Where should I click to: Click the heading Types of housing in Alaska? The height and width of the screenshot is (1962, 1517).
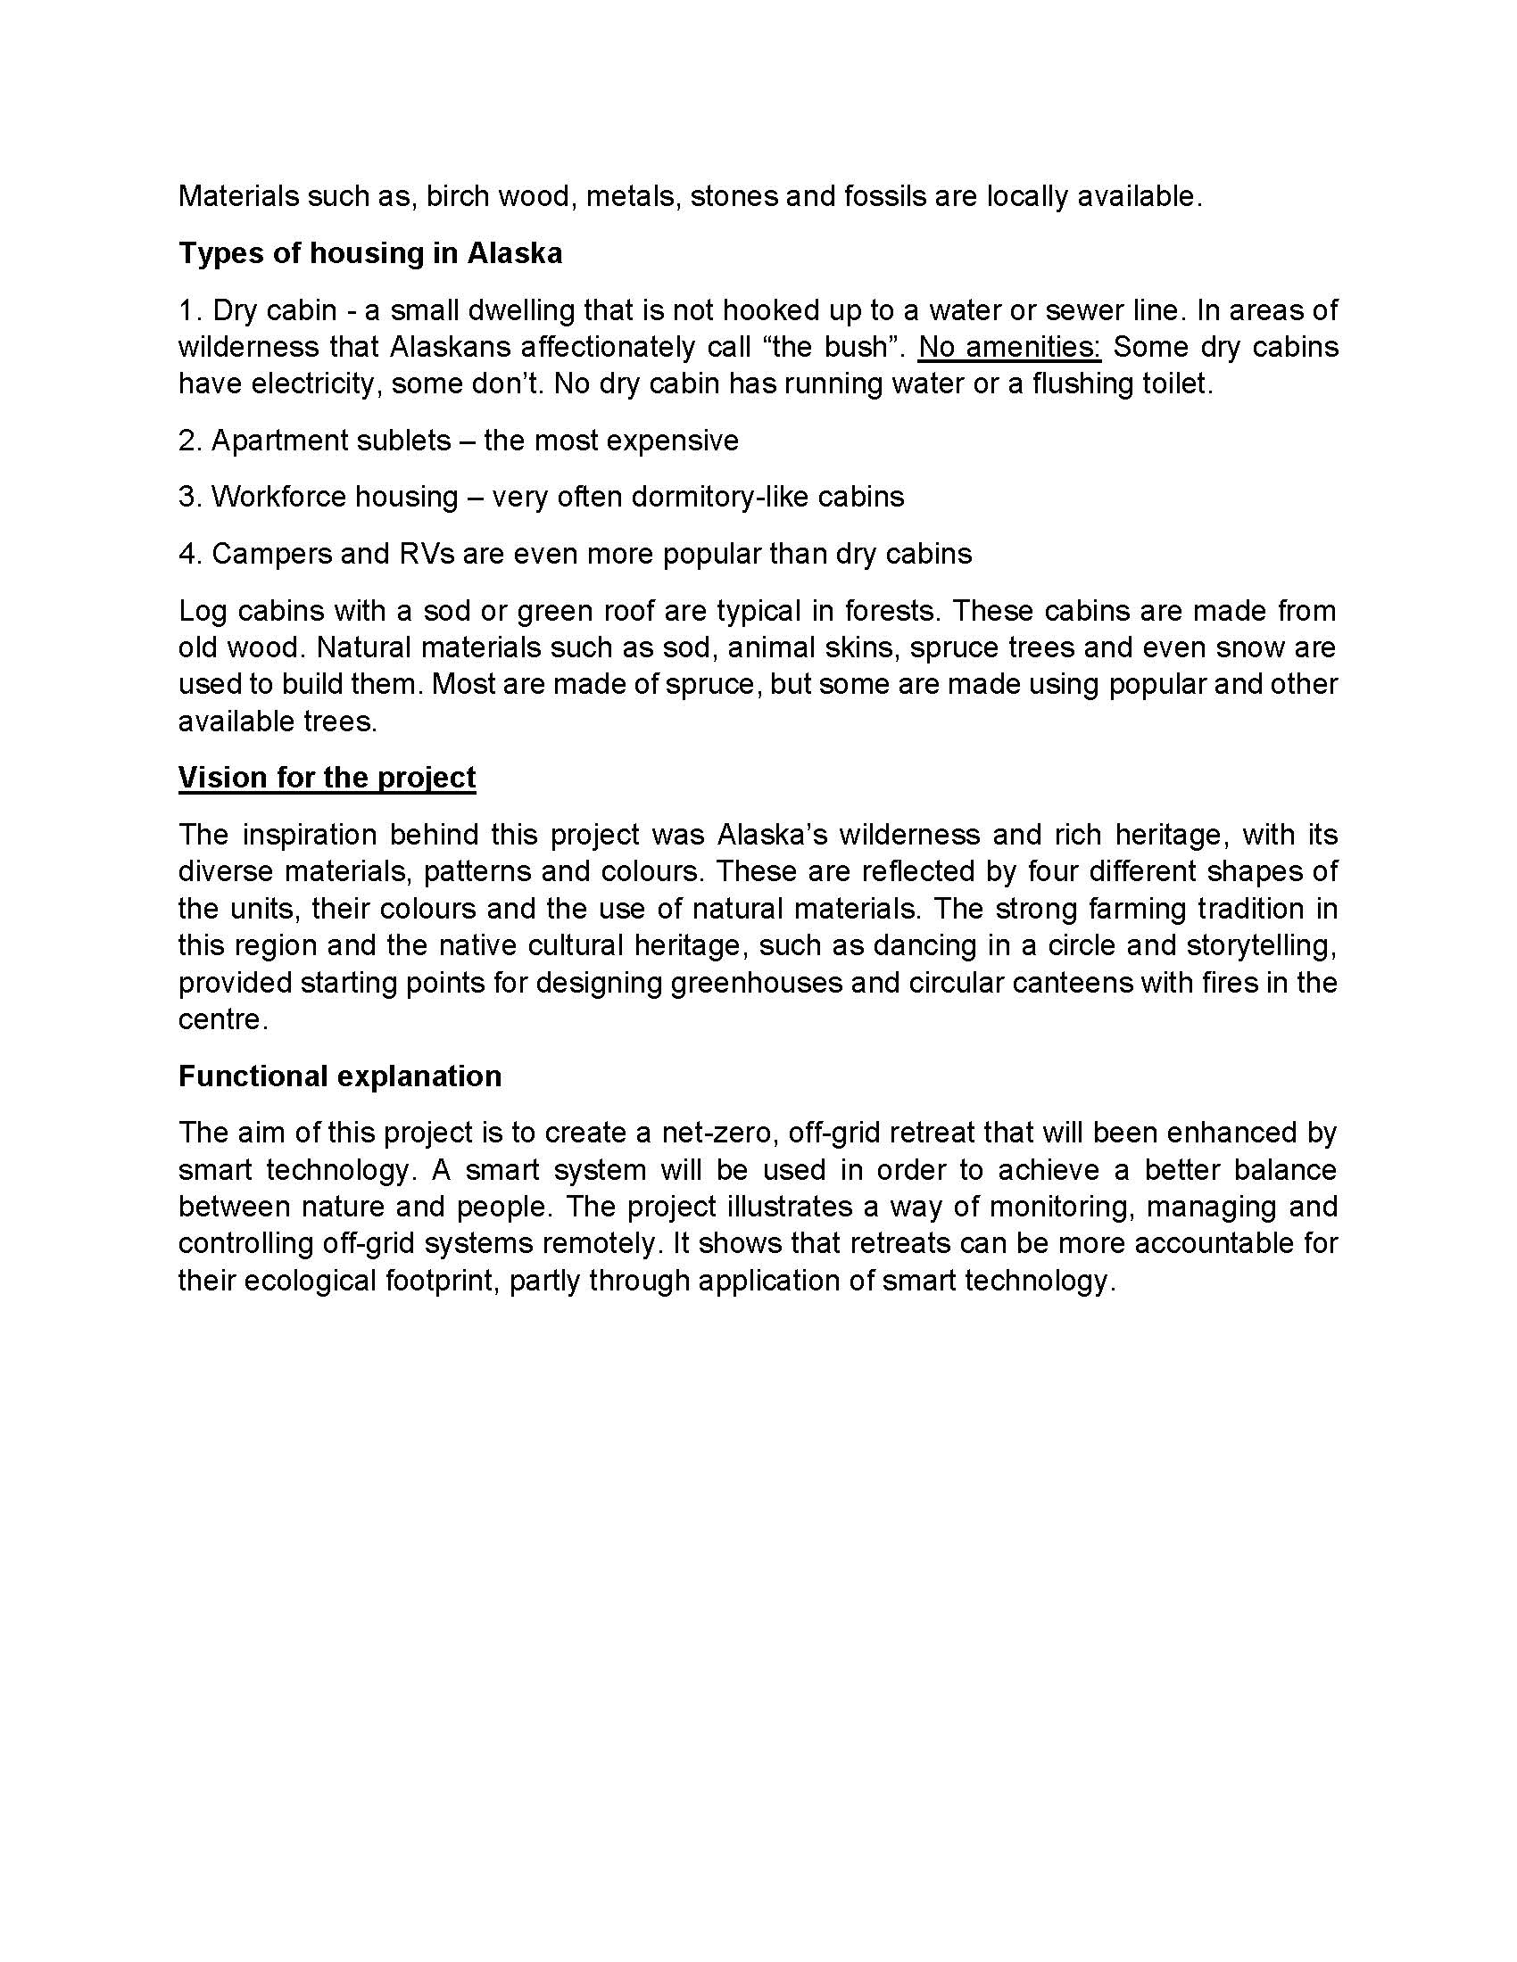pyautogui.click(x=370, y=253)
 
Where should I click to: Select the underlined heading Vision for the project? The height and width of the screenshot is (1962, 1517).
pyautogui.click(x=327, y=777)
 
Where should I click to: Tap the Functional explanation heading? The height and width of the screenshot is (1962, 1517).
pyautogui.click(x=340, y=1076)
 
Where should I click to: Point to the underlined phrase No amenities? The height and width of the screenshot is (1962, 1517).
pyautogui.click(x=1009, y=347)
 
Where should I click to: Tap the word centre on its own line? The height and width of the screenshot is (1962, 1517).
pyautogui.click(x=220, y=1019)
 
